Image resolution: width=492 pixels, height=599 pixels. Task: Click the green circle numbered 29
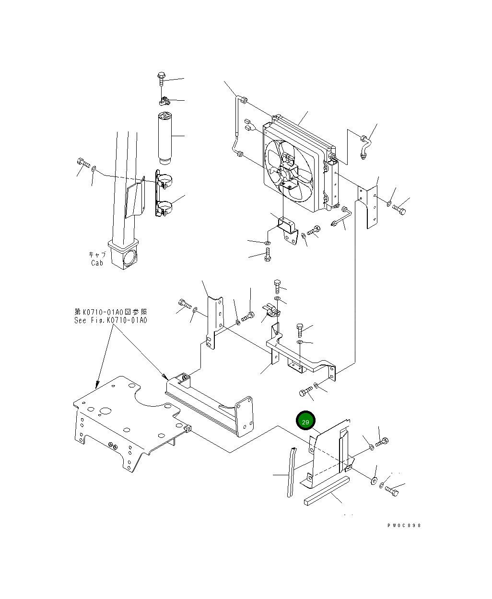click(306, 422)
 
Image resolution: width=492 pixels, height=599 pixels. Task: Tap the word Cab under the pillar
click(97, 263)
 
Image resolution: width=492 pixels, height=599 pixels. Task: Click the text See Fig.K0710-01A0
click(111, 320)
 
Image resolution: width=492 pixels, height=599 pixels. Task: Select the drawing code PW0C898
click(404, 526)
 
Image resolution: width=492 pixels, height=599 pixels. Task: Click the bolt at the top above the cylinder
click(161, 78)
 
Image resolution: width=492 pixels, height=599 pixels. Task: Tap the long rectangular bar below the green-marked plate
click(327, 492)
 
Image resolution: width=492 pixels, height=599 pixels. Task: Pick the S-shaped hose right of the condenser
click(365, 146)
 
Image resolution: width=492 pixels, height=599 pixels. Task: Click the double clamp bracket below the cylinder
click(163, 195)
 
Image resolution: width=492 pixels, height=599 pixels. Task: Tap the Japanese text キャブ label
click(97, 255)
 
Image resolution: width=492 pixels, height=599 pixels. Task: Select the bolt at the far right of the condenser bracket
click(399, 209)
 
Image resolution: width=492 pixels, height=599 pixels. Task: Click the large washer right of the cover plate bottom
click(374, 480)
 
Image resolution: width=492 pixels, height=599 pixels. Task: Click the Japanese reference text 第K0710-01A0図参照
click(110, 312)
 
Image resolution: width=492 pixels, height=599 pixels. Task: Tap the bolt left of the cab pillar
click(82, 163)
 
